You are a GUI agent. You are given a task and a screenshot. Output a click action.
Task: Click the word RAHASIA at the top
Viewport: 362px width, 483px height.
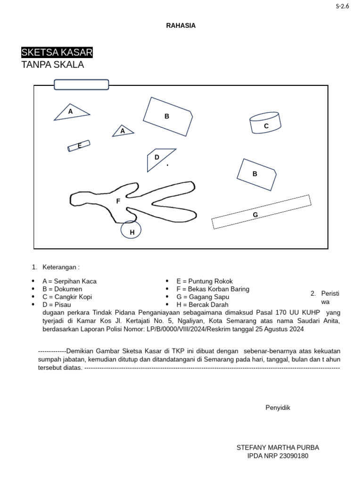tap(181, 26)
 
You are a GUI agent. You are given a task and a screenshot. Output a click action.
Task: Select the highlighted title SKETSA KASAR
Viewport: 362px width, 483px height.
tap(57, 52)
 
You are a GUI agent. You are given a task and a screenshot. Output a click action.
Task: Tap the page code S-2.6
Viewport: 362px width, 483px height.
tap(342, 6)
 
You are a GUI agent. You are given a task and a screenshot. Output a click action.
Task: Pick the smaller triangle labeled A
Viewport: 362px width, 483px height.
tap(123, 131)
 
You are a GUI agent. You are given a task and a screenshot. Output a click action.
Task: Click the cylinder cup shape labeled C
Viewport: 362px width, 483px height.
tap(265, 124)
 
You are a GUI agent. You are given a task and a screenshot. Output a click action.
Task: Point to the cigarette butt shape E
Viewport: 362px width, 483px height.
tap(79, 146)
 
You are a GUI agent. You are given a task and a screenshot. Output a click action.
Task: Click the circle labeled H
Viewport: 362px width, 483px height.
tap(132, 231)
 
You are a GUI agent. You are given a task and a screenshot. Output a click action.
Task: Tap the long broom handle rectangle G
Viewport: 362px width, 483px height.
tap(261, 212)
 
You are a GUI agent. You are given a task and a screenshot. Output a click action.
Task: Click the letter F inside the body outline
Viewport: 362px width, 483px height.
tap(118, 201)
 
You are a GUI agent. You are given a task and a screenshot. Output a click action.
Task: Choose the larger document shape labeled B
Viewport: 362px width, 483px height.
tap(167, 116)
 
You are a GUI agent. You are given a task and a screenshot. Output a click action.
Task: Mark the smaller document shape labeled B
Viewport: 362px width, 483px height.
tap(256, 174)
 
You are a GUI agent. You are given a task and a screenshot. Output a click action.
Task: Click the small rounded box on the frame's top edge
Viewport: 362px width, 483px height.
tap(82, 84)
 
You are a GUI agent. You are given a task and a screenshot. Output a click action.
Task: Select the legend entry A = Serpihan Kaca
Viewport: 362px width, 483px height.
tap(69, 281)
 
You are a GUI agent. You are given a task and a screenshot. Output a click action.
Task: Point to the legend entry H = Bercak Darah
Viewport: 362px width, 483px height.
tap(202, 305)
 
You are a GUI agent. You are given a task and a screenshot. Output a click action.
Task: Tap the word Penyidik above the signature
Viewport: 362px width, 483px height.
tap(278, 408)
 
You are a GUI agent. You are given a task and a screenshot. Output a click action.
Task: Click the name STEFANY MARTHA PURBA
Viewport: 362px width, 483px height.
tap(278, 447)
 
